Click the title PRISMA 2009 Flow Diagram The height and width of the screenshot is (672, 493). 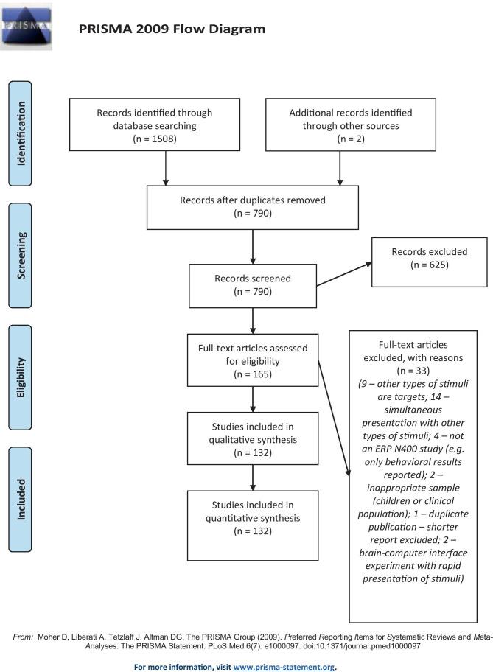pos(171,29)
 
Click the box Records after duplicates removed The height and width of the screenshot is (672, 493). pos(253,206)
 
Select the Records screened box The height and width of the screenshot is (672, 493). pos(253,285)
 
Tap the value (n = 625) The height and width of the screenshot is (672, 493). pos(429,264)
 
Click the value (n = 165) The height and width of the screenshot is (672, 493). pos(253,374)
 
